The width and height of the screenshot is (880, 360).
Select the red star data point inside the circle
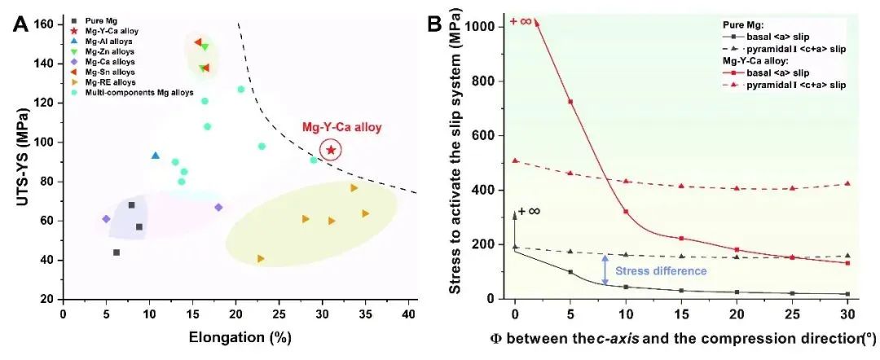[x=331, y=150]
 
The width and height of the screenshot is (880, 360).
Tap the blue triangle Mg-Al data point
[x=156, y=156]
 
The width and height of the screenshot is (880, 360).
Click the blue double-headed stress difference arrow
[x=605, y=270]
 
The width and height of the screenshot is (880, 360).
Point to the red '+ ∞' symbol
[x=520, y=20]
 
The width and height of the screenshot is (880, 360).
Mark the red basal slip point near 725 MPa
[x=570, y=102]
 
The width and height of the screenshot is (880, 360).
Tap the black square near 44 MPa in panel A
[x=117, y=252]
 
